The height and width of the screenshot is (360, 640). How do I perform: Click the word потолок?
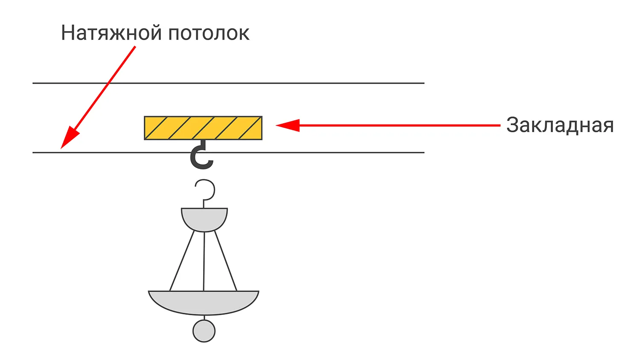click(x=209, y=33)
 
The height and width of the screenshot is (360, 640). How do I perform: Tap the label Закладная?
click(x=559, y=125)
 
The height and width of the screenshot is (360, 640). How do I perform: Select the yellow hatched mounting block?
click(x=203, y=128)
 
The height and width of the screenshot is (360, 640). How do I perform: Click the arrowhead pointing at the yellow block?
click(x=287, y=125)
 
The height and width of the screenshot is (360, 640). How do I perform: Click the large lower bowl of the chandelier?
click(x=204, y=302)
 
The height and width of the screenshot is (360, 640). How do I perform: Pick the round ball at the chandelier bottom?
click(x=204, y=331)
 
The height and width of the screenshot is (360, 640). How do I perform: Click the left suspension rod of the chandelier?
click(x=182, y=261)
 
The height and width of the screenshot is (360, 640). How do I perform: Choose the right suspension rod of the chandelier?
click(x=226, y=261)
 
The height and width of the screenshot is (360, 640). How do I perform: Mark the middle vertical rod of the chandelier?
click(x=204, y=261)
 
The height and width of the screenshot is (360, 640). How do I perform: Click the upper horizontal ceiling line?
click(x=299, y=83)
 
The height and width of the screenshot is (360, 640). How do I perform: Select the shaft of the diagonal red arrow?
click(x=107, y=85)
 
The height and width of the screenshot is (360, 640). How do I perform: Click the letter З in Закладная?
click(x=512, y=125)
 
